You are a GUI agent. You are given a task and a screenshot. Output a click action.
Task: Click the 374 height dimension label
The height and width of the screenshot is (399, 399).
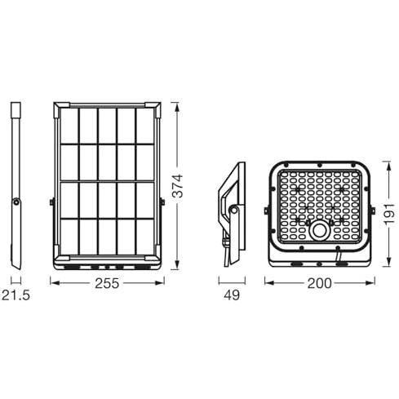[x=178, y=186]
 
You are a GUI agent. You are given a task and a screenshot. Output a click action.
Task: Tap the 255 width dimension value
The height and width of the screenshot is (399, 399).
[x=107, y=283]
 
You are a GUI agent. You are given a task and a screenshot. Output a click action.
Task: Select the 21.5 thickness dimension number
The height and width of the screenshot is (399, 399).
[x=16, y=295]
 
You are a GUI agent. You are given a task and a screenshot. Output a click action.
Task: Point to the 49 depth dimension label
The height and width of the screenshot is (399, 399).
[x=232, y=295]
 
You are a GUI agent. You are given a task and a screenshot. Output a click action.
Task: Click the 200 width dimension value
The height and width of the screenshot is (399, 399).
[x=319, y=283]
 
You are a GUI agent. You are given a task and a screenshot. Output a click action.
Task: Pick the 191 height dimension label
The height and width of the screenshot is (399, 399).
[x=389, y=214]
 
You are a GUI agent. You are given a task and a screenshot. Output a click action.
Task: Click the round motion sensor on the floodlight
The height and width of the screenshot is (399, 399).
[x=319, y=231]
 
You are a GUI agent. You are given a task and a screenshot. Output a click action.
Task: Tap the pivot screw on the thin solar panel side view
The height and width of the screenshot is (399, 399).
[x=16, y=202]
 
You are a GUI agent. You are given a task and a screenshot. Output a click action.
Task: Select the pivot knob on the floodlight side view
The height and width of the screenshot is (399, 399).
[x=233, y=210]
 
